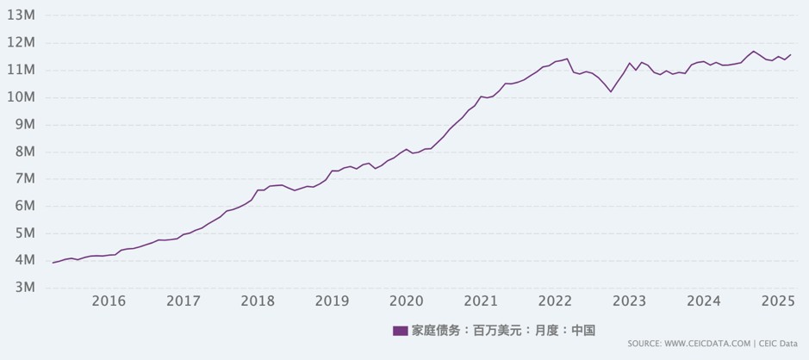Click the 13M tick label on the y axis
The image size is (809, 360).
pos(21,15)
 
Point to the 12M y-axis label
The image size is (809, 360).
pos(21,42)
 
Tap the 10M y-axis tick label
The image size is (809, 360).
pos(21,96)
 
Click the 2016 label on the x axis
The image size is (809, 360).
pos(109,301)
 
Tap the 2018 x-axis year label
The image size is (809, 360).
pos(258,301)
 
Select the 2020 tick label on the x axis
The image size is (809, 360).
pos(407,301)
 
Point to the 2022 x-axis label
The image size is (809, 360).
pos(555,301)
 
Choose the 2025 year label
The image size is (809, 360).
pos(778,301)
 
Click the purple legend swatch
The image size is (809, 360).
pos(400,331)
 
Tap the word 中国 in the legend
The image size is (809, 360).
pos(583,331)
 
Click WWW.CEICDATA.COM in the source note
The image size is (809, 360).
pos(707,344)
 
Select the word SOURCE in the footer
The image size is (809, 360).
pos(644,344)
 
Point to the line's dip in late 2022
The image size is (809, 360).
pos(611,91)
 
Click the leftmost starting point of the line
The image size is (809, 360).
pos(53,263)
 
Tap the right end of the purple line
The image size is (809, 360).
pos(791,54)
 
